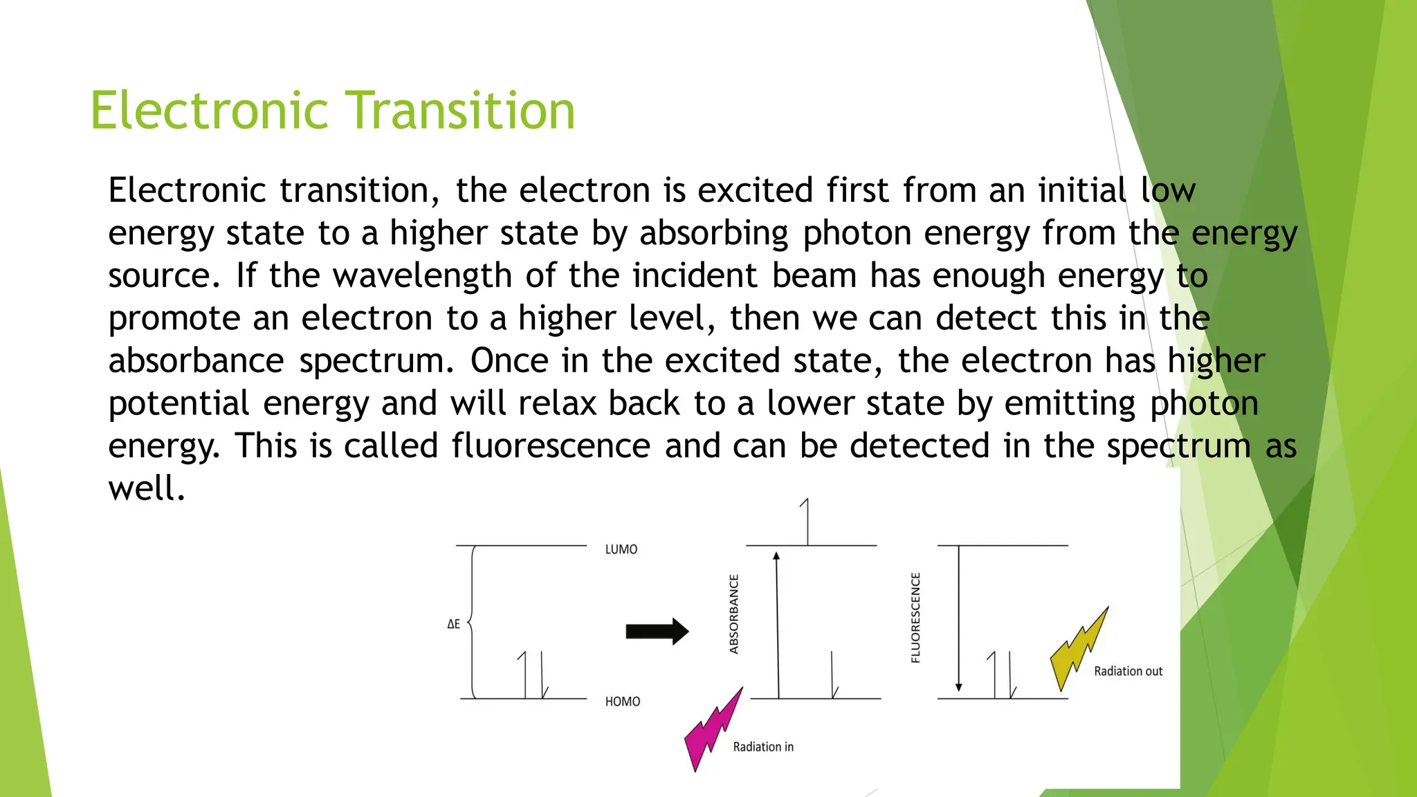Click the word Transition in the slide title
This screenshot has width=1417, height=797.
[x=460, y=111]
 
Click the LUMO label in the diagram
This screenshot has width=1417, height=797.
[x=621, y=549]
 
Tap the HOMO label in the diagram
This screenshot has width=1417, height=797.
[x=623, y=702]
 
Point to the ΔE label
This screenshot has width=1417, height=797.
[x=454, y=624]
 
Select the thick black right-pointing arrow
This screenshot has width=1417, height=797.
[x=657, y=631]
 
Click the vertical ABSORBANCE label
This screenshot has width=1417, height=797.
[x=734, y=614]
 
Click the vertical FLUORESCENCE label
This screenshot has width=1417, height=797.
[x=915, y=617]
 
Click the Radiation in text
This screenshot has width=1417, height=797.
[x=763, y=747]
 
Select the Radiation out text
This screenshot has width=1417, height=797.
[x=1128, y=671]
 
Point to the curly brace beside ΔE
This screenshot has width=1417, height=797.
[x=472, y=621]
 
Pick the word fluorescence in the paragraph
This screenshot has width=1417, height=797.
[x=551, y=446]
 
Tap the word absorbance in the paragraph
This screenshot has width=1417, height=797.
[x=196, y=361]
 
